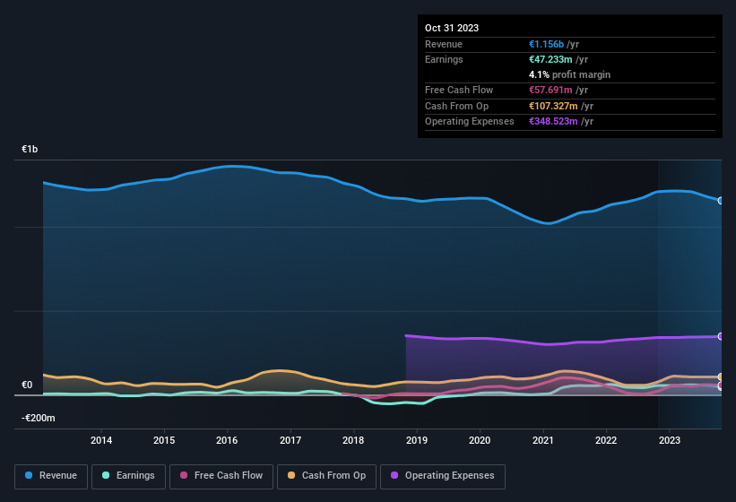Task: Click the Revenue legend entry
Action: [51, 476]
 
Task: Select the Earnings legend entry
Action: [128, 476]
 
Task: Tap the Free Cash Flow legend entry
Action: [221, 476]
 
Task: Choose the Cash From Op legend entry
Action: [326, 476]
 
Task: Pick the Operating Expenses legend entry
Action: [442, 476]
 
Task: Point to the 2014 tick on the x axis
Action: [101, 440]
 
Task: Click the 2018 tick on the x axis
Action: [353, 440]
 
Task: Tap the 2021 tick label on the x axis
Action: [542, 440]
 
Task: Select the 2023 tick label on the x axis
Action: [669, 440]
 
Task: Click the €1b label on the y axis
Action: [30, 150]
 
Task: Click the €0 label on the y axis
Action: [27, 385]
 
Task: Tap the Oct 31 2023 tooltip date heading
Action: [452, 28]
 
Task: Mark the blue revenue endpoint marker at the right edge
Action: [721, 200]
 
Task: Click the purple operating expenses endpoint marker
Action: [721, 336]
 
